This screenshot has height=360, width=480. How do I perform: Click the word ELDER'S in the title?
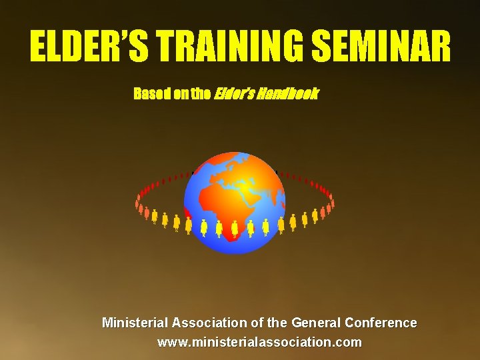(x=91, y=47)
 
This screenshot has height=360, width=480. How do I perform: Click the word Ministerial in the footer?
(x=135, y=323)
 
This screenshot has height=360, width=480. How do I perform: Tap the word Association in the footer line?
(x=210, y=323)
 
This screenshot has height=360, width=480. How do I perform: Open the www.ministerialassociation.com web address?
(x=259, y=343)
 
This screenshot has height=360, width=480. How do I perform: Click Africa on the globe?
(x=223, y=207)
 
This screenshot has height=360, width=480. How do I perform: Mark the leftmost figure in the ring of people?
(x=138, y=200)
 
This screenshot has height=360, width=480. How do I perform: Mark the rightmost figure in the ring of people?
(x=332, y=199)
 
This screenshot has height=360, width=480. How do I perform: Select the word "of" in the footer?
(x=257, y=323)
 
